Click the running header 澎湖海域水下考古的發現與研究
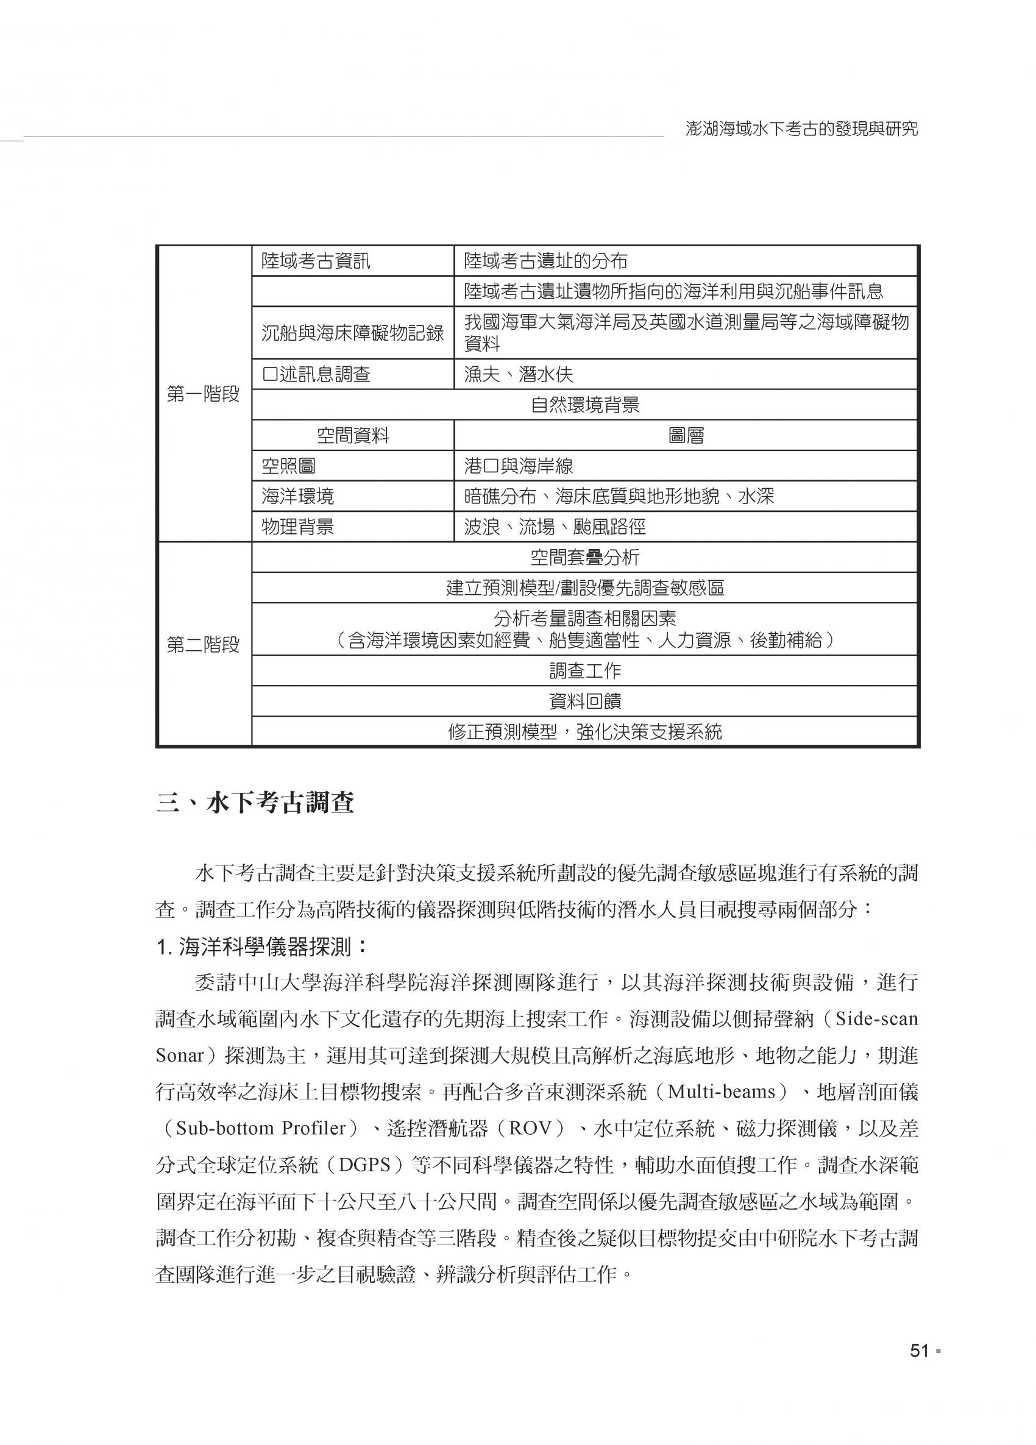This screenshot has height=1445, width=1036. click(x=801, y=129)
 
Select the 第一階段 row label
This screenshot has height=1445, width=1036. click(x=204, y=394)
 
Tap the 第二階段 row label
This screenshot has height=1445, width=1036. click(x=204, y=645)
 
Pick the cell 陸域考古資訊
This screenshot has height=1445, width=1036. click(x=316, y=261)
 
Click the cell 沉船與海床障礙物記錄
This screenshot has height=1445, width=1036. click(x=352, y=333)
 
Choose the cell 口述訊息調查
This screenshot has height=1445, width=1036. click(x=316, y=374)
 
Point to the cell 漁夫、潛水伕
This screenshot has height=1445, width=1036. click(x=518, y=374)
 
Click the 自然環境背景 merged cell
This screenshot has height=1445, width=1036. click(x=584, y=405)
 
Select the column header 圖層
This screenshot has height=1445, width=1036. click(x=686, y=436)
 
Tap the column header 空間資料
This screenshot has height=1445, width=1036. click(x=352, y=436)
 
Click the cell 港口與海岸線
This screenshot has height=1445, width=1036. click(x=518, y=466)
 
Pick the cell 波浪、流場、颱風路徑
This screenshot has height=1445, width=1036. click(x=555, y=527)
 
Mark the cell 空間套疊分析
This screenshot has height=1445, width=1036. click(x=584, y=558)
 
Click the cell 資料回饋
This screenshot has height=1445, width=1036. click(x=584, y=701)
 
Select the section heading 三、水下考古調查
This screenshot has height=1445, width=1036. click(x=255, y=804)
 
